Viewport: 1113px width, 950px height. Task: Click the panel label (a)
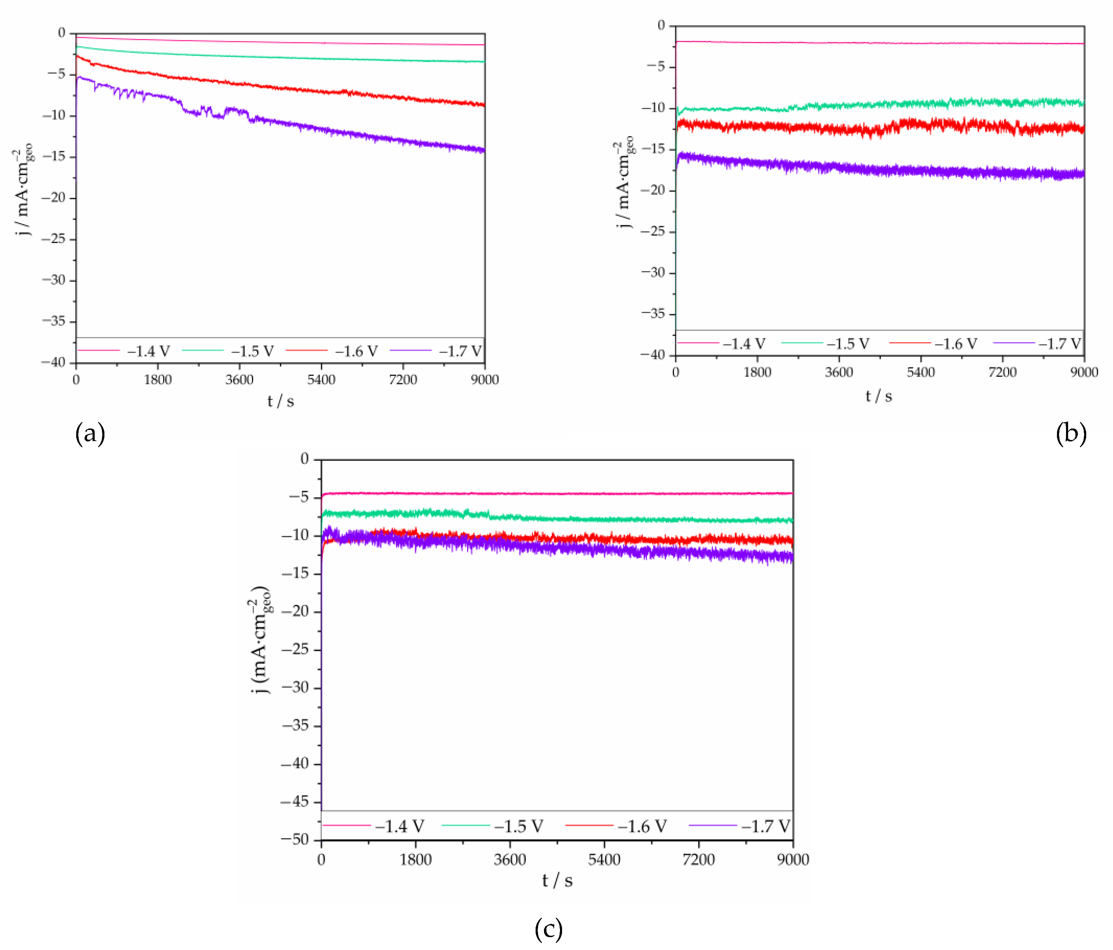90,433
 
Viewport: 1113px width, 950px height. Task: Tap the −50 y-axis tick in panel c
295,839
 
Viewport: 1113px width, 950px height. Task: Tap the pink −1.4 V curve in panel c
537,493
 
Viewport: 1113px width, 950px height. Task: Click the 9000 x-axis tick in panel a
484,380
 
